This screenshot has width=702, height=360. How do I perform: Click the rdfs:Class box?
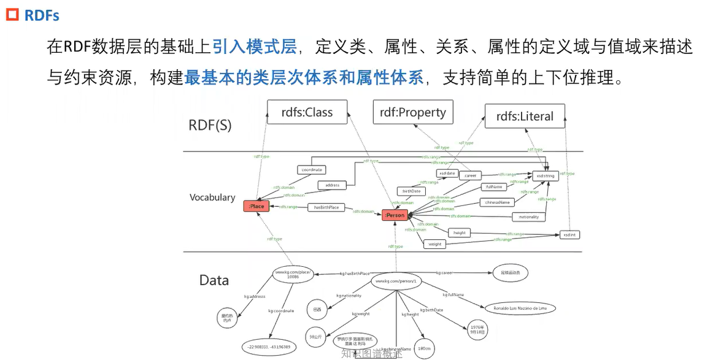[x=307, y=112]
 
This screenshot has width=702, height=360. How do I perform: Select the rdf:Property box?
[x=412, y=112]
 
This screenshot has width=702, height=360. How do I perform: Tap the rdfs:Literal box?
[x=525, y=116]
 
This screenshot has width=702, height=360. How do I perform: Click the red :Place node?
[x=256, y=207]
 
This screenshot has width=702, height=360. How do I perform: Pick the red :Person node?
[x=395, y=215]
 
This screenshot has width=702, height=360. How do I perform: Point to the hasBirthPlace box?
[x=326, y=207]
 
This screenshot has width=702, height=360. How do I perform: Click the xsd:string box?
[x=546, y=176]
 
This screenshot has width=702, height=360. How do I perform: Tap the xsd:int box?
[x=569, y=235]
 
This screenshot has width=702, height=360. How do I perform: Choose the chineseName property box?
[x=497, y=202]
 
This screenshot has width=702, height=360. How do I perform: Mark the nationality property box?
[x=528, y=216]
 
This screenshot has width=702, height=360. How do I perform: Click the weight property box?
[x=434, y=244]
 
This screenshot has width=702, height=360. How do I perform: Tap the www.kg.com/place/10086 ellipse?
[x=293, y=274]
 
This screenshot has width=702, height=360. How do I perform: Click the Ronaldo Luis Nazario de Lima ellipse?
[x=520, y=308]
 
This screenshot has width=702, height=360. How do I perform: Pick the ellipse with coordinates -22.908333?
[x=270, y=347]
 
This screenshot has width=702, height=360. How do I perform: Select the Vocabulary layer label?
[x=212, y=197]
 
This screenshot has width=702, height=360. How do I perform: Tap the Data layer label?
[x=214, y=280]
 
